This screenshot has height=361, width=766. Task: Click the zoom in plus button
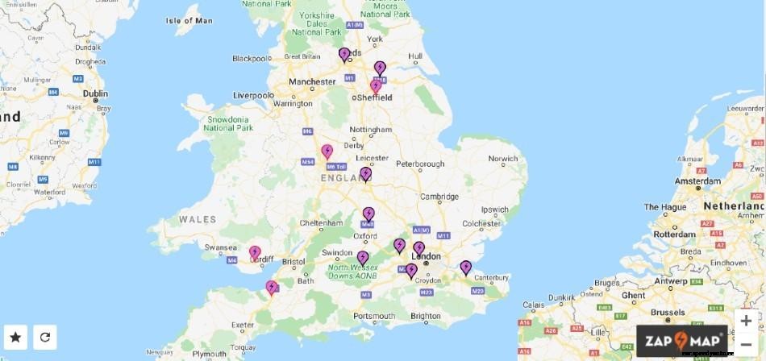point(746,321)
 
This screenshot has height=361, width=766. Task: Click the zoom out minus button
point(746,345)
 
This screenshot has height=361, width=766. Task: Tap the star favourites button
point(15,337)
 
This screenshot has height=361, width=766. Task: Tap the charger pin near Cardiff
point(255,253)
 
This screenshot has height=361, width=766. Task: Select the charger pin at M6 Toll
point(327,151)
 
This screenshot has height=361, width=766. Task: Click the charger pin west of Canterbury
point(465,268)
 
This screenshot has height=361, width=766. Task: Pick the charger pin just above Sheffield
point(376,86)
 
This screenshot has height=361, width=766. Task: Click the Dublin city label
point(94,93)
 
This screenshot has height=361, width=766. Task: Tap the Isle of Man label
point(189,20)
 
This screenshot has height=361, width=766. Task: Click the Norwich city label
point(502,159)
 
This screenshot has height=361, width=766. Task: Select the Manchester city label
point(312,82)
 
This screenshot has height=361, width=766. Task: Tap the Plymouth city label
point(209,354)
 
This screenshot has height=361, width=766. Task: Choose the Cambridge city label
point(439,196)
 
